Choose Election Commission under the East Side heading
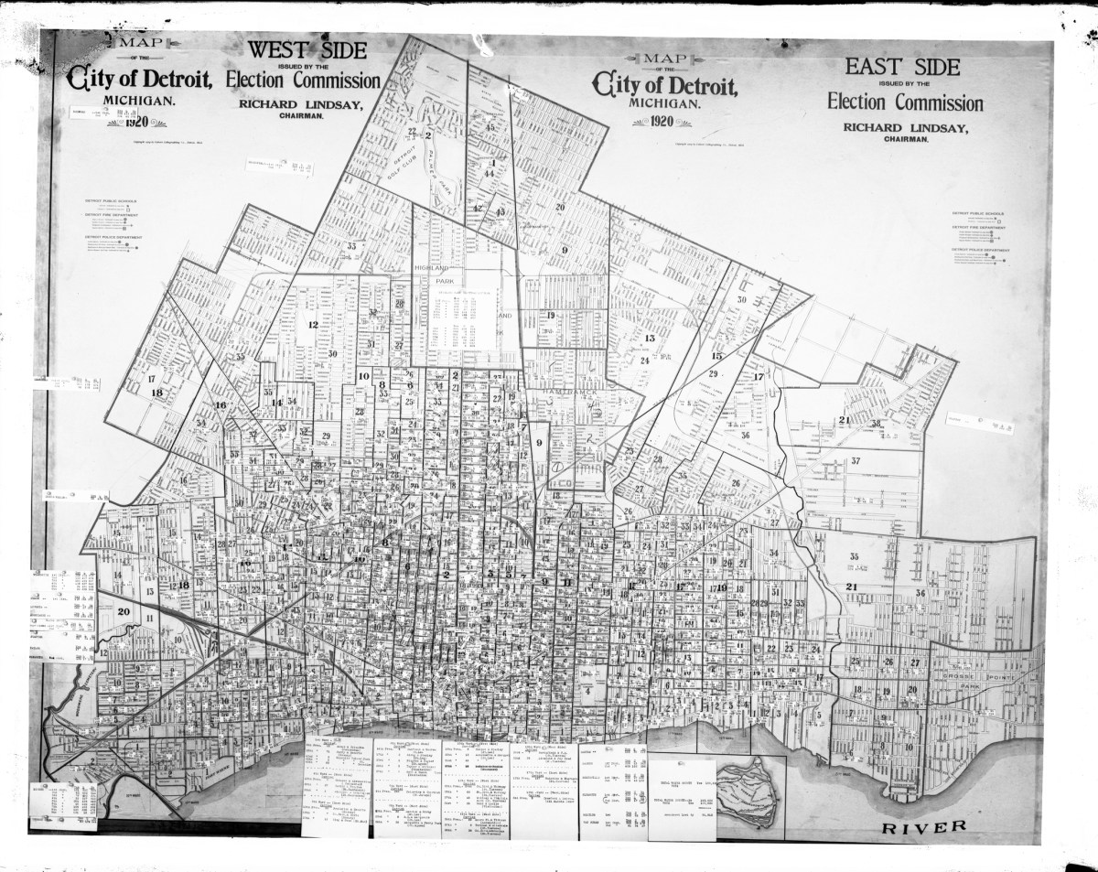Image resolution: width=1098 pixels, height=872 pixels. click(905, 102)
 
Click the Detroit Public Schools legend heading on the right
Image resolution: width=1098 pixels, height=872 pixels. click(978, 213)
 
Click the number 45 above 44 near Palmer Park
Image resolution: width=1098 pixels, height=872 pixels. click(490, 127)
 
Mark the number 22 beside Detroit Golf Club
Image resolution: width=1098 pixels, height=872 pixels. click(413, 132)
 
